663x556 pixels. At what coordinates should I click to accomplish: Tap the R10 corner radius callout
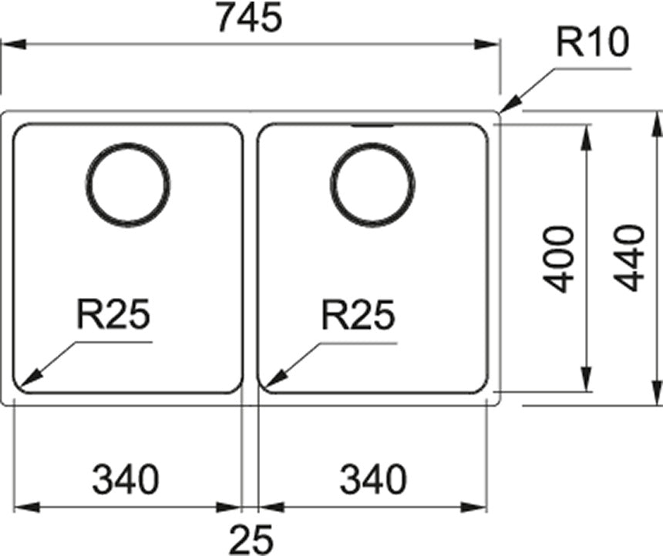pyautogui.click(x=592, y=45)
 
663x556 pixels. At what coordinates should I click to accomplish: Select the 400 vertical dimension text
pyautogui.click(x=560, y=259)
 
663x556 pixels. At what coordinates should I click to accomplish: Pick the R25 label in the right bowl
pyautogui.click(x=357, y=315)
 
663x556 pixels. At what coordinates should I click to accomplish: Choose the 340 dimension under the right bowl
pyautogui.click(x=372, y=481)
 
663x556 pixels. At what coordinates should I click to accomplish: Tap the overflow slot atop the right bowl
pyautogui.click(x=372, y=124)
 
